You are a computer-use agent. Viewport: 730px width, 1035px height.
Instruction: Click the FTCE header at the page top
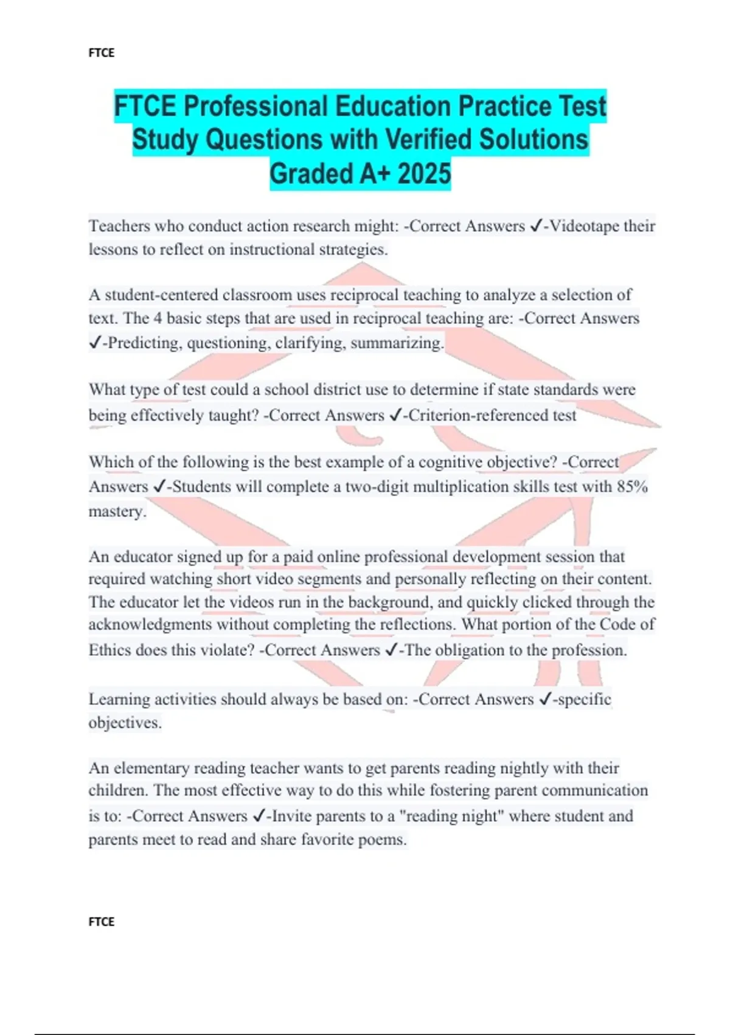101,53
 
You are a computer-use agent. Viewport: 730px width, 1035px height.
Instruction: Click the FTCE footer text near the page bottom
101,922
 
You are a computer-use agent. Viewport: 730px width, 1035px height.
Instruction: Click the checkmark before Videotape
536,226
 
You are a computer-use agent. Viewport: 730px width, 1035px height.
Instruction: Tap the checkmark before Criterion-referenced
395,415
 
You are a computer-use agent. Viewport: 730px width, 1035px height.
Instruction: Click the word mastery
117,511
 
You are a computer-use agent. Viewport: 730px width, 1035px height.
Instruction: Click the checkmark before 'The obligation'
391,650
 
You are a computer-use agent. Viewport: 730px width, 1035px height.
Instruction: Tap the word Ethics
109,650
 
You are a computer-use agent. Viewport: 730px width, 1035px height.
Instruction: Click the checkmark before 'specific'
545,700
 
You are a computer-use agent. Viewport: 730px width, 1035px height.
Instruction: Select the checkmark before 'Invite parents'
258,816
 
